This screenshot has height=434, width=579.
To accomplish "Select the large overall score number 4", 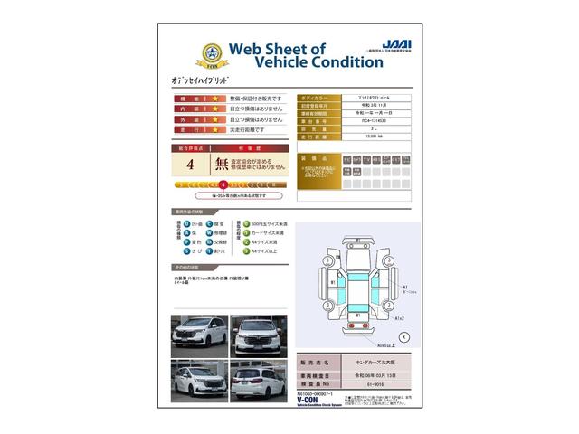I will tap(190, 165).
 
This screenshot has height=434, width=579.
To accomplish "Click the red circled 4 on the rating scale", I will tap(223, 184).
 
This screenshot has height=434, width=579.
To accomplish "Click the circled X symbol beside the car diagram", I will tap(403, 336).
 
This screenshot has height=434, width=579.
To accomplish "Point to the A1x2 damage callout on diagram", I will tap(399, 319).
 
